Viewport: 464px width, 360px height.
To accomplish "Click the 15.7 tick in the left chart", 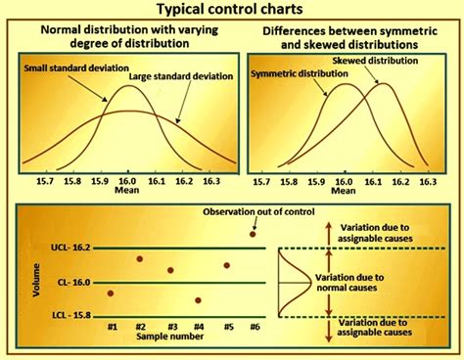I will click(x=44, y=181).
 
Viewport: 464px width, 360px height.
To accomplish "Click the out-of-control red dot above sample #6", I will click(x=255, y=234).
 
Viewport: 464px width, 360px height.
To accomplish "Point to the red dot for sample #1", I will click(x=111, y=292).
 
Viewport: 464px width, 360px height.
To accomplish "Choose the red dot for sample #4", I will click(x=199, y=300).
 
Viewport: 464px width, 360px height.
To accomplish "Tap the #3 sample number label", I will click(x=170, y=325).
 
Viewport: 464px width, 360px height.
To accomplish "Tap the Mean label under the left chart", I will click(x=128, y=193).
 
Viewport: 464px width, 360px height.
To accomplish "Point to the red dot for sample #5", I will click(x=227, y=265).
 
